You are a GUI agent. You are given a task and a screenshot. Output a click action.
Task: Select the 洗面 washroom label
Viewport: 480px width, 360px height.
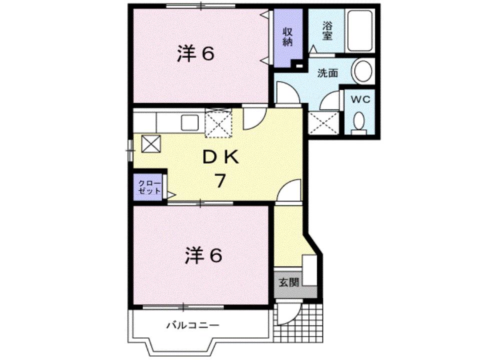[x=328, y=73]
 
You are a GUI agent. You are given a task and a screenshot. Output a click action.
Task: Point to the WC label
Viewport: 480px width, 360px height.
[x=360, y=99]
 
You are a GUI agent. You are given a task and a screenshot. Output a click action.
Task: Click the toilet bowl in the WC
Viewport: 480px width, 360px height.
[x=358, y=121]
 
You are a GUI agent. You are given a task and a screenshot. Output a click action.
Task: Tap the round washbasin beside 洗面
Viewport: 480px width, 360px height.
[x=362, y=70]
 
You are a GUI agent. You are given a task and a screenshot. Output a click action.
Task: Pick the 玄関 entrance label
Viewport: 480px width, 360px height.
[x=289, y=282]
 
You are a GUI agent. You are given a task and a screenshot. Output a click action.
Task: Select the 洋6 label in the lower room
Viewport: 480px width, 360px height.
[x=203, y=256]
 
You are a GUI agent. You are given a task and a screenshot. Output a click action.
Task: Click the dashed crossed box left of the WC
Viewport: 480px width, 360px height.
[x=323, y=121]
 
